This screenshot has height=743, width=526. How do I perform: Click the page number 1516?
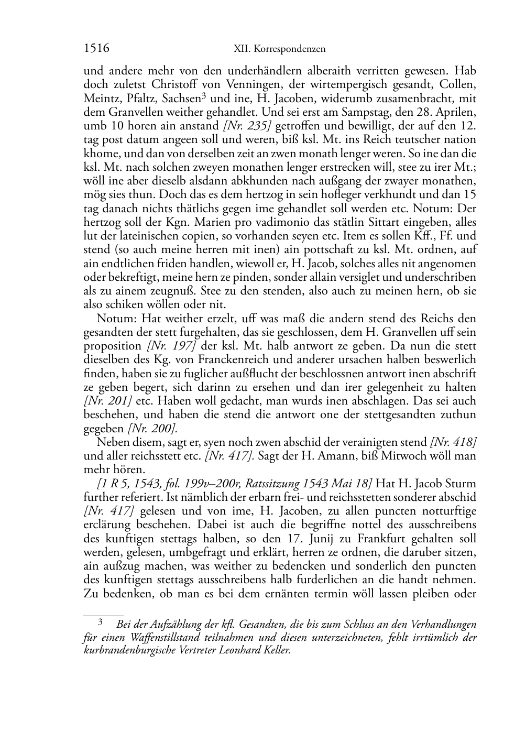click(x=96, y=49)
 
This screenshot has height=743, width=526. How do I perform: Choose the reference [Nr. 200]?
click(x=152, y=428)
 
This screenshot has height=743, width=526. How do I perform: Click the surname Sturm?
click(x=461, y=483)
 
